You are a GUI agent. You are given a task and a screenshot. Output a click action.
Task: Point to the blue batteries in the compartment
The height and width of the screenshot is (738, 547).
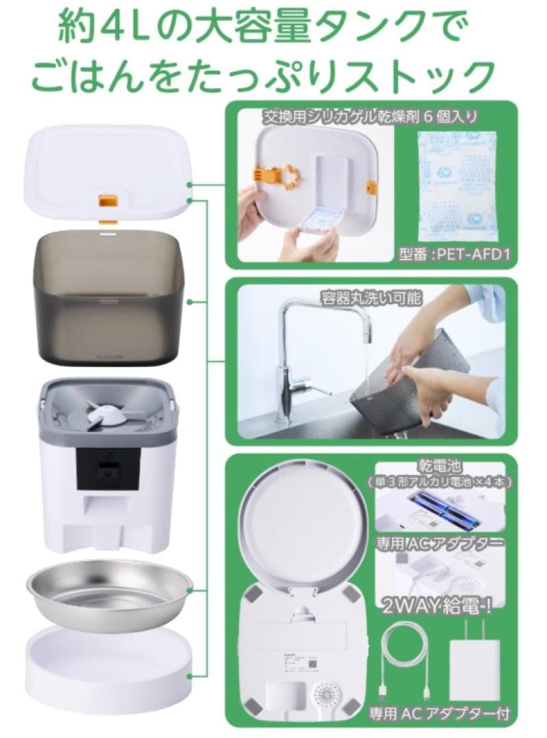click(x=444, y=511)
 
